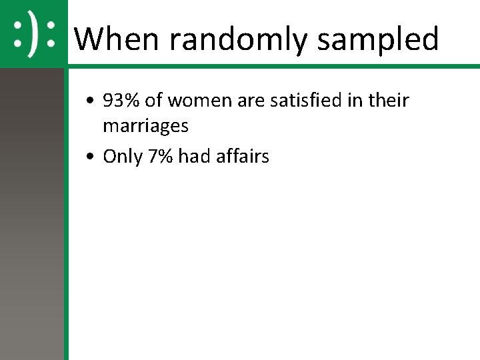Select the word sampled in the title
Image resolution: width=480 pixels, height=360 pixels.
378,39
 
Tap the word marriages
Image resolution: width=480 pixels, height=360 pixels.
145,127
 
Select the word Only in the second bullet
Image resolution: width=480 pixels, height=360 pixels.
123,157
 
